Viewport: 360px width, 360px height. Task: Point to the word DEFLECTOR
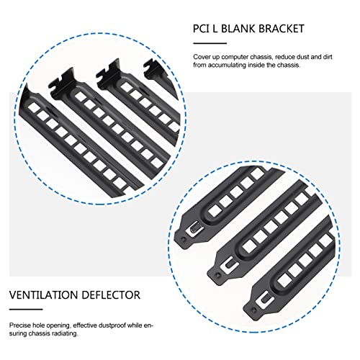pos(107,295)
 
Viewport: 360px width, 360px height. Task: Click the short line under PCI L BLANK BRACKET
pos(210,43)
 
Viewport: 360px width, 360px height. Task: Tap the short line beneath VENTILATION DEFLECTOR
pos(26,310)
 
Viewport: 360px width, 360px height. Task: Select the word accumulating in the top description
pos(227,65)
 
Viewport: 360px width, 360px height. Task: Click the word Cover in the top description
pos(201,57)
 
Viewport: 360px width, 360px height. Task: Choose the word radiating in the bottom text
pos(66,334)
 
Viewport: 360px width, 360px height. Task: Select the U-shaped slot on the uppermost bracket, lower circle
pos(195,230)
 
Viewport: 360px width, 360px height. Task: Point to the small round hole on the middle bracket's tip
pos(218,274)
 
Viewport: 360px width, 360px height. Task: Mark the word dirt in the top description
pos(327,57)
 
